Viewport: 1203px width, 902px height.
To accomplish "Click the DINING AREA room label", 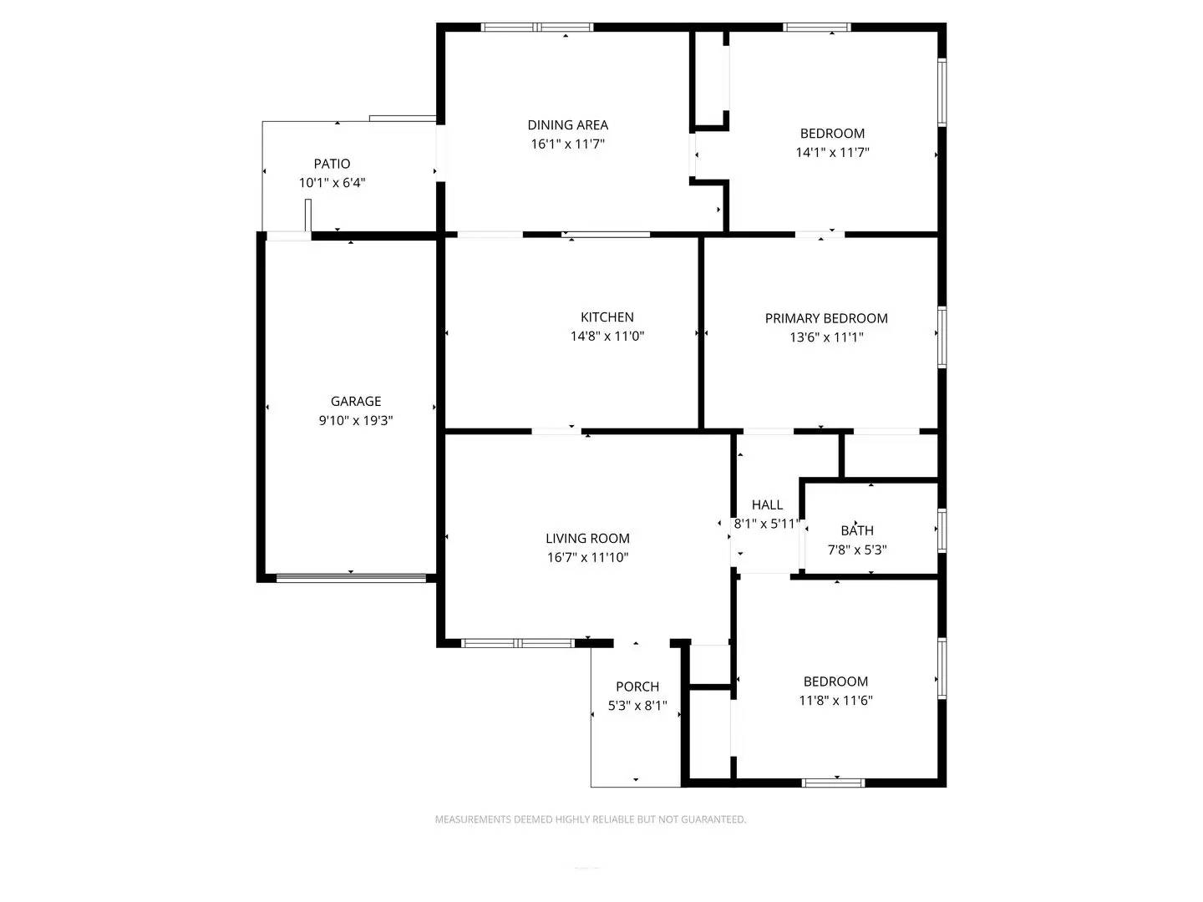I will point(567,125).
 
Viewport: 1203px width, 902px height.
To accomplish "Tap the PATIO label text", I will point(332,164).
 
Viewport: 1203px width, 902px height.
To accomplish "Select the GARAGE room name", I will point(356,402).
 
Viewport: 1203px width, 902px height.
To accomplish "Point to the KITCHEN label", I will point(607,317).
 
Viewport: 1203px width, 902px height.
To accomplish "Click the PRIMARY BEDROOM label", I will point(826,318).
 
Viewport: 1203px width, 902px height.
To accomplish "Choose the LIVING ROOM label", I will point(587,539).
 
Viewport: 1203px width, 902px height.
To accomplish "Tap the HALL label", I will point(767,504).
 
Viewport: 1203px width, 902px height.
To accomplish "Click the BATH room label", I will point(857,530).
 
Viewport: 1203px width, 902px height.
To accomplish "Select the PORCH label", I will point(637,687).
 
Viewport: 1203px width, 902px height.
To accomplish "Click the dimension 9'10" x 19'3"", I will point(356,421).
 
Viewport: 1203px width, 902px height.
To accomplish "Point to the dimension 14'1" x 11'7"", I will point(833,153).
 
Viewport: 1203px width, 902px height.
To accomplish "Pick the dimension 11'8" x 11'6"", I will point(835,701).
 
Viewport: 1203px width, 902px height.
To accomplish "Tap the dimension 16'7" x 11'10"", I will point(587,558).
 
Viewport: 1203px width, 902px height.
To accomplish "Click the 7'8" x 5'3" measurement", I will point(857,550).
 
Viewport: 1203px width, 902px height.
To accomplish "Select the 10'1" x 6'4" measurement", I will point(332,183).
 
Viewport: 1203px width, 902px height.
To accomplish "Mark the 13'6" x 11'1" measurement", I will point(826,337).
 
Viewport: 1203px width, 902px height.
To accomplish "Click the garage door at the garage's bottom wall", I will point(351,576).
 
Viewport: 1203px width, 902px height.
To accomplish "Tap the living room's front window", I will point(518,643).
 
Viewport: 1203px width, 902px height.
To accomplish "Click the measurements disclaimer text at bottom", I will point(590,819).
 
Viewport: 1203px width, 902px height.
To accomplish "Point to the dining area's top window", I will point(538,28).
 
